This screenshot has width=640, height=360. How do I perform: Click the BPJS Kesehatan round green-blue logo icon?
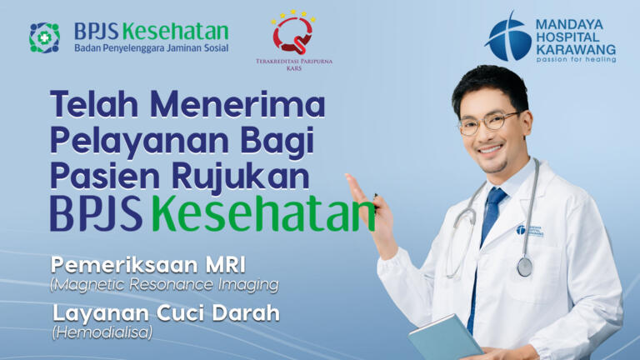point(44,38)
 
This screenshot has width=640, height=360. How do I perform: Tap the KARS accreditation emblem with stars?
point(293,32)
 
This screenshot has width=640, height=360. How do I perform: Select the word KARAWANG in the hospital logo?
point(576,50)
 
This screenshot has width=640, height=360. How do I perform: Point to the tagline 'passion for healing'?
point(576,60)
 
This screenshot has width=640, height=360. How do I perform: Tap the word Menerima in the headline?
point(237,104)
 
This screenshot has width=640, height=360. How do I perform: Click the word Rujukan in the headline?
point(240,177)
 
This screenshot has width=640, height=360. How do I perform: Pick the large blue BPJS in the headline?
point(97,214)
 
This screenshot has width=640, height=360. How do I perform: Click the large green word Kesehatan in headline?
point(263,214)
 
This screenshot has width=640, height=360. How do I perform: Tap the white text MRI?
point(225,265)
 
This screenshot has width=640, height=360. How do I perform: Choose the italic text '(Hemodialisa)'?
point(102,332)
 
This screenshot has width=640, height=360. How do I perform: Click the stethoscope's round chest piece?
point(525,266)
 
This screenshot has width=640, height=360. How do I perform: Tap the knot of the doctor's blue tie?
point(496,197)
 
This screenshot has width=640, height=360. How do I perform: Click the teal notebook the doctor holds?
point(445,339)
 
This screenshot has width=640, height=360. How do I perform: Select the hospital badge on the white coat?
point(529,231)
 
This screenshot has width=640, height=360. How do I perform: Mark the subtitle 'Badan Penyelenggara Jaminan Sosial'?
point(152,48)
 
